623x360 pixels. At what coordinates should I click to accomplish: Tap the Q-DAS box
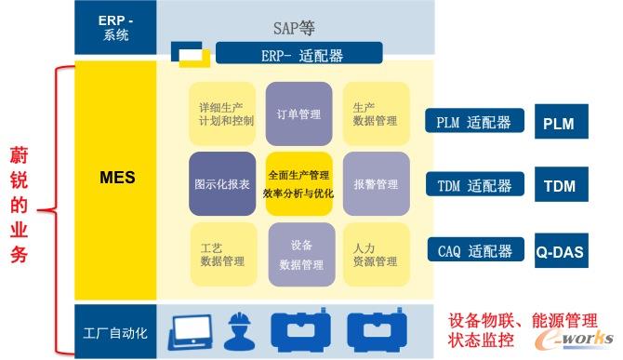(x=560, y=252)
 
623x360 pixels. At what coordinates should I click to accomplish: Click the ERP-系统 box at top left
(x=115, y=28)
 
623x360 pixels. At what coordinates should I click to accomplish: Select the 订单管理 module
(x=298, y=114)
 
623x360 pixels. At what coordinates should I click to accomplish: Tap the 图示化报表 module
(x=221, y=184)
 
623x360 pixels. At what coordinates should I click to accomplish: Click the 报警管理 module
(x=375, y=184)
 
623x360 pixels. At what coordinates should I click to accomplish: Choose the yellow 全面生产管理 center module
(x=298, y=184)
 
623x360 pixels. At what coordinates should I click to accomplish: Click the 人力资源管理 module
(x=375, y=254)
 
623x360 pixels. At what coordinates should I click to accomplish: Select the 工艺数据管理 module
(x=222, y=254)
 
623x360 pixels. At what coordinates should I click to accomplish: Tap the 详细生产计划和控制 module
(x=221, y=113)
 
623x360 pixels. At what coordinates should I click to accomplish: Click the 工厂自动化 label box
(x=115, y=331)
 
